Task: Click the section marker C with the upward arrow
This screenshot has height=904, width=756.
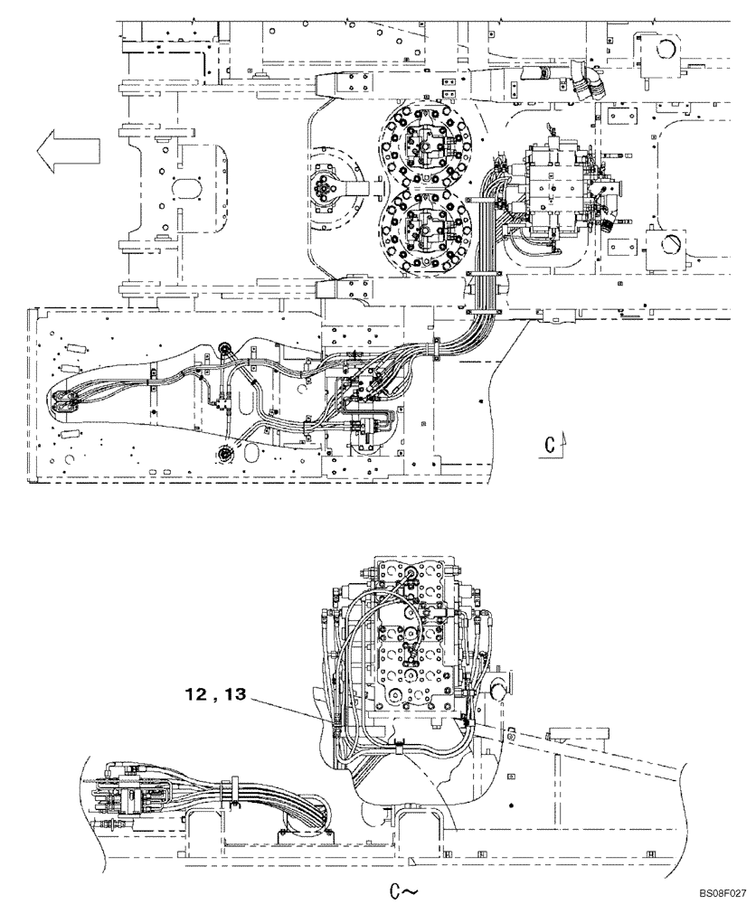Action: pyautogui.click(x=553, y=444)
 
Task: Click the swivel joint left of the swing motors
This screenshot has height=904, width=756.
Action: pyautogui.click(x=337, y=189)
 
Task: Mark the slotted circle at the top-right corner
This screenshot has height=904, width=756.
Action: pyautogui.click(x=666, y=47)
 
